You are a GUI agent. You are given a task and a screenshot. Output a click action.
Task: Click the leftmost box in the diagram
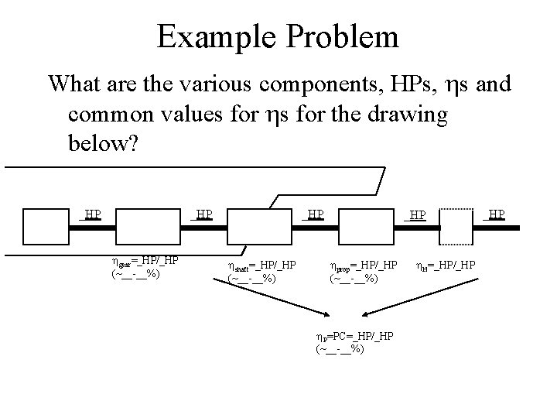(46, 226)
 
